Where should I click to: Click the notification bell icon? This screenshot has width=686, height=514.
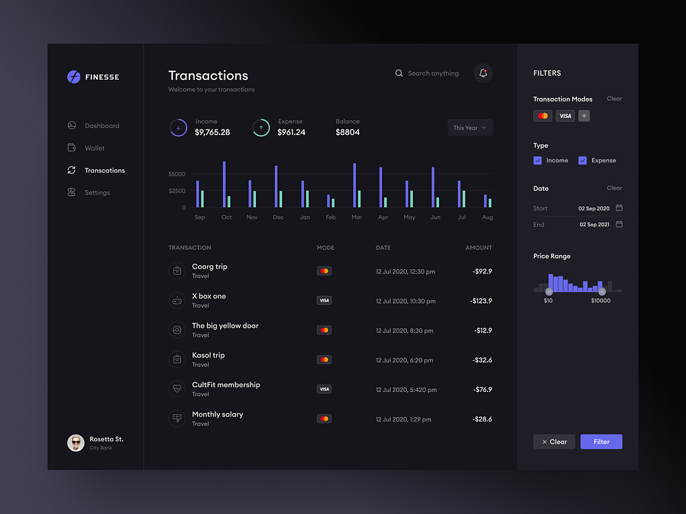(483, 73)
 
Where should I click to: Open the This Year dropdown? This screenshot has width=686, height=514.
(470, 127)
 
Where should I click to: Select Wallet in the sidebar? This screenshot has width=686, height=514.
(94, 148)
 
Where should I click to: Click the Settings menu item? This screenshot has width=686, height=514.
(97, 193)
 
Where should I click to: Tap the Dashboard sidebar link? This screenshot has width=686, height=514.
(102, 126)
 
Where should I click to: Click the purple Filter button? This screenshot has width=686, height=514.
(601, 442)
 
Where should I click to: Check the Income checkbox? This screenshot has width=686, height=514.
(538, 160)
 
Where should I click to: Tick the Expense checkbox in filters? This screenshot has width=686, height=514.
(582, 160)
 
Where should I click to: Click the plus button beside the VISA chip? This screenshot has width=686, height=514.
(584, 116)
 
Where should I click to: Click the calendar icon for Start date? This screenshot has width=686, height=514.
(619, 208)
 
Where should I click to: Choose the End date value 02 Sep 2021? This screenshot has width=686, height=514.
(594, 225)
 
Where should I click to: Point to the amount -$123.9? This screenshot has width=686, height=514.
(481, 301)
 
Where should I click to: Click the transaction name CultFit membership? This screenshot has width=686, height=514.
(226, 385)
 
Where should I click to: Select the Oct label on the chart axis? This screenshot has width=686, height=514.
(226, 217)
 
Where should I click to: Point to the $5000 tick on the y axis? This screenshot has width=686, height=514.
(176, 174)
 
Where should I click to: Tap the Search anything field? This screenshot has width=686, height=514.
(433, 73)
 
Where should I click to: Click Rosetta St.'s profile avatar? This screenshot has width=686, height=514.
(75, 443)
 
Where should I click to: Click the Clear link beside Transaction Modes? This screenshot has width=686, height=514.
(614, 99)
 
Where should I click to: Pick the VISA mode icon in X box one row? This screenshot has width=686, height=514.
(324, 301)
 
